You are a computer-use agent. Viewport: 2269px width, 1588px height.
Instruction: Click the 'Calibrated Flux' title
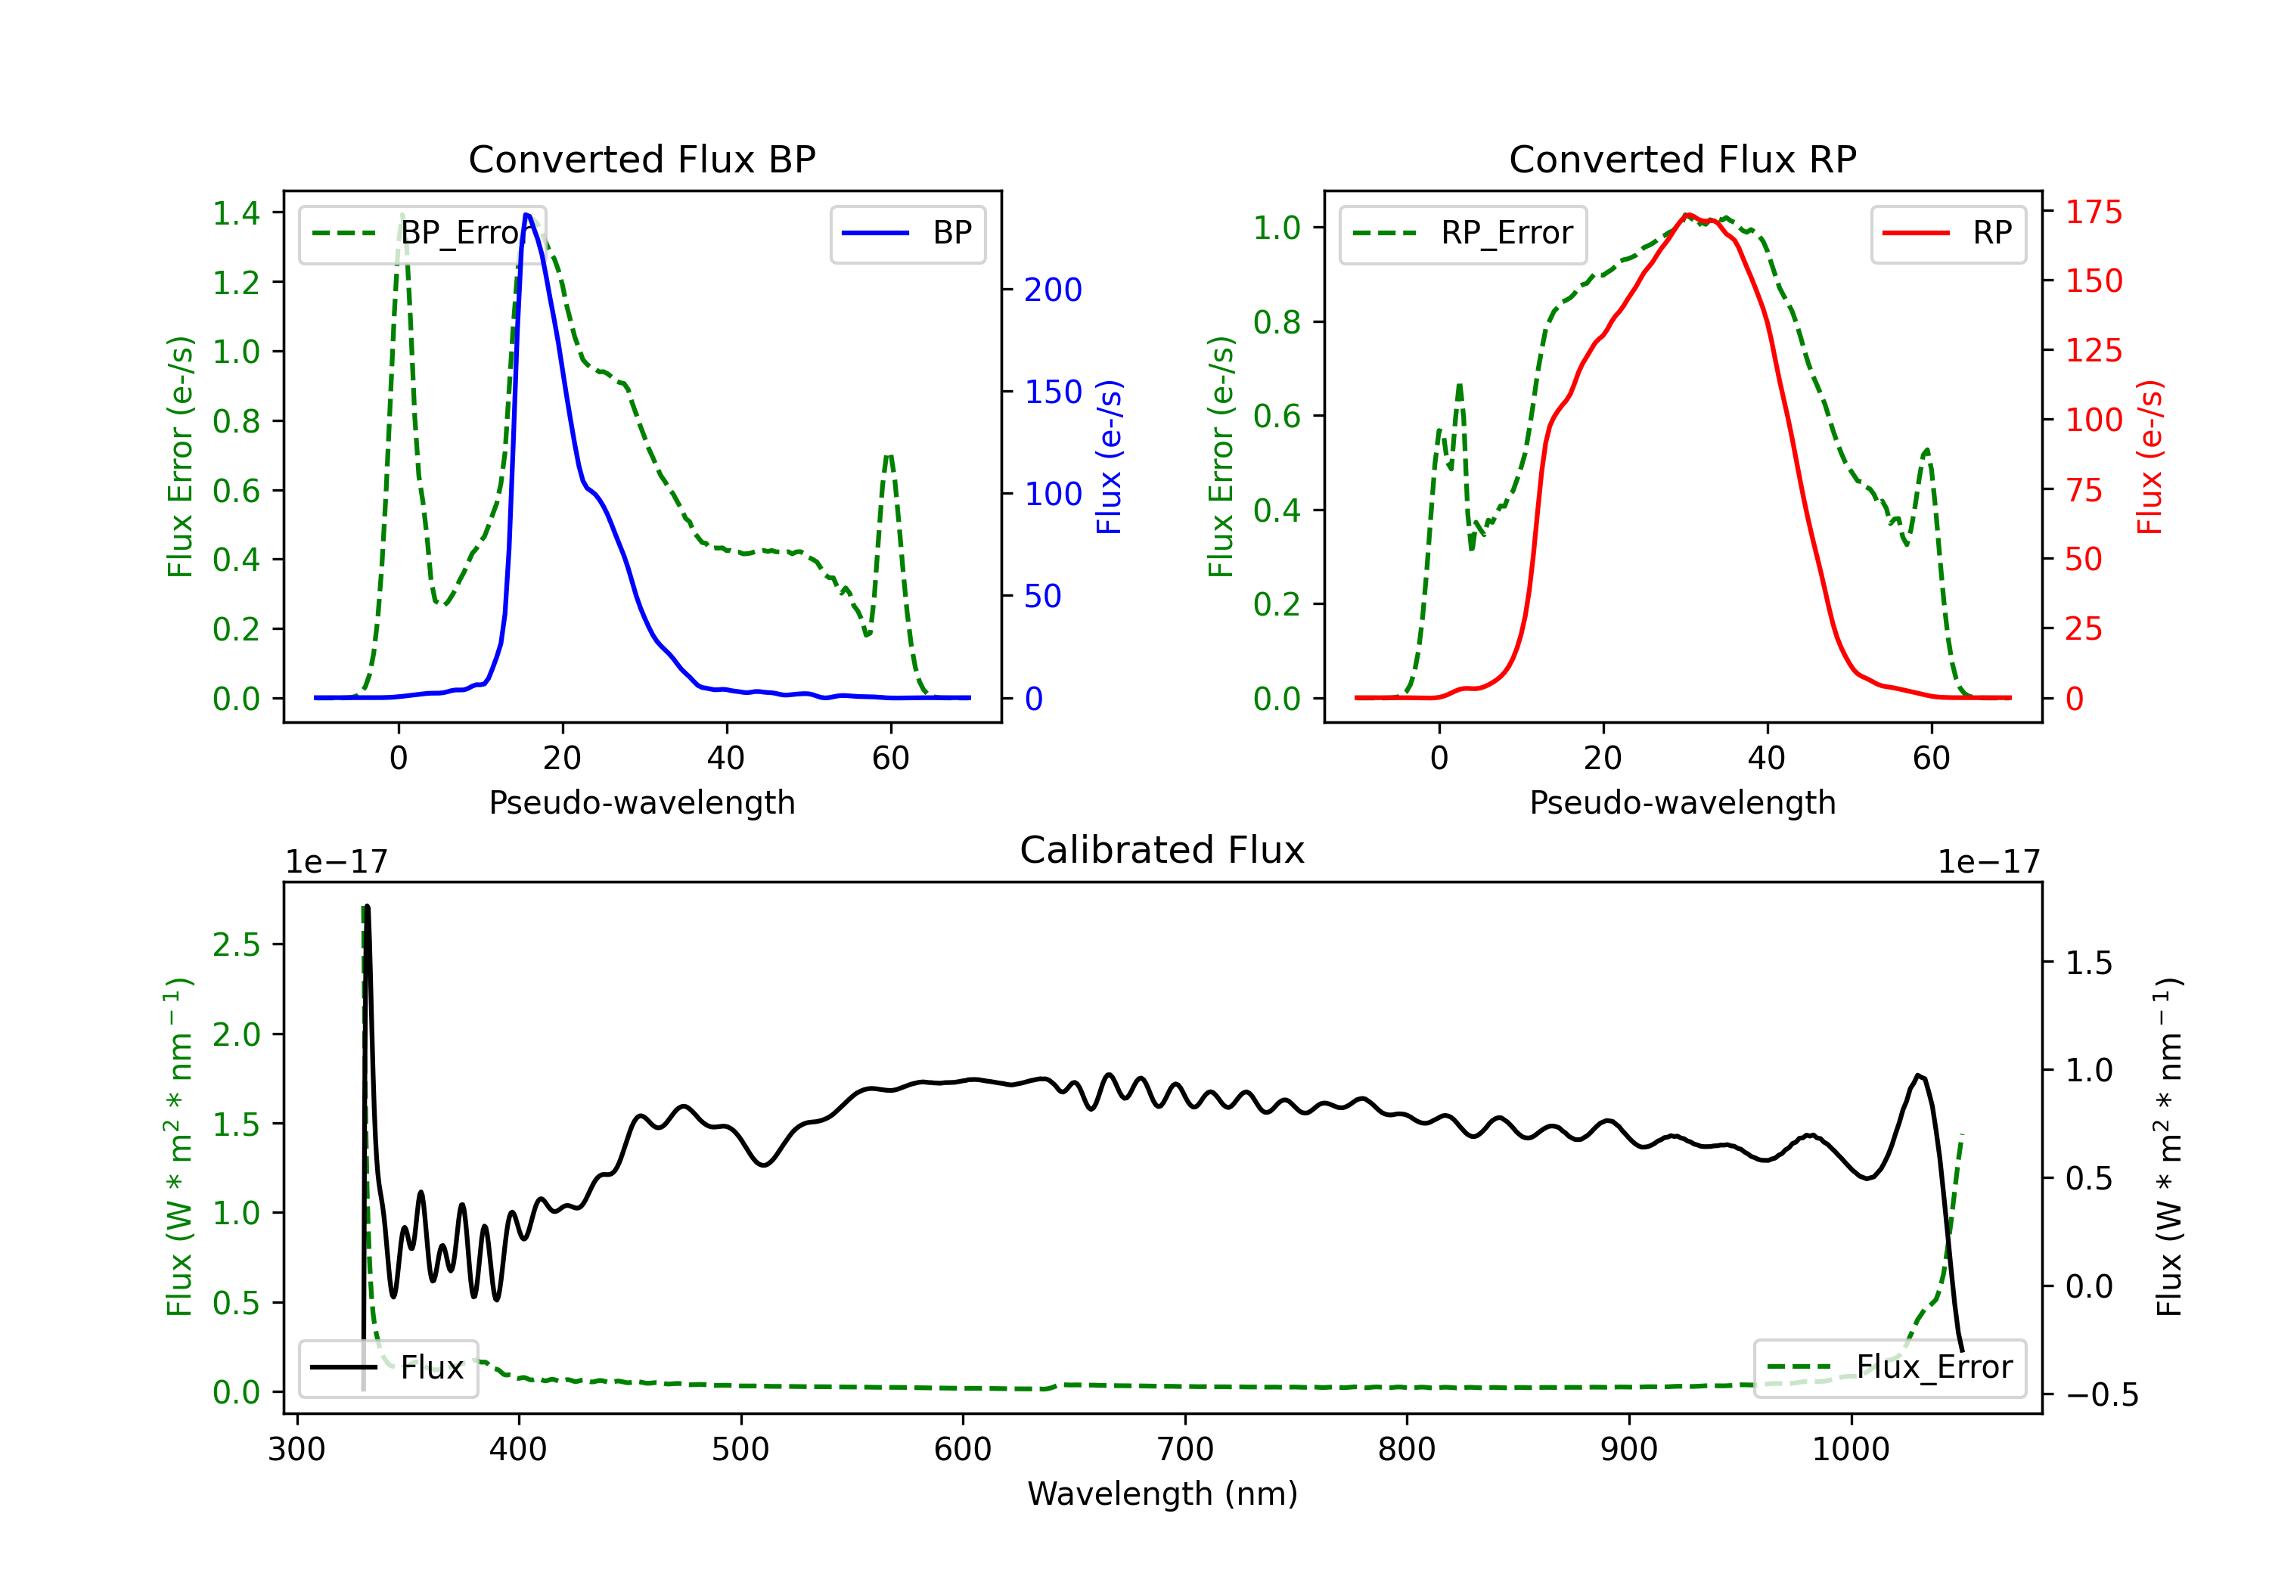point(1162,850)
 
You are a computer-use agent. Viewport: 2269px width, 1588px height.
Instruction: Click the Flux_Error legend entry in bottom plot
point(1889,1368)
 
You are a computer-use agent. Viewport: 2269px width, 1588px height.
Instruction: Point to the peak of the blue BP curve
point(526,215)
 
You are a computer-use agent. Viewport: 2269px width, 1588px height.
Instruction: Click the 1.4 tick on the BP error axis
point(236,212)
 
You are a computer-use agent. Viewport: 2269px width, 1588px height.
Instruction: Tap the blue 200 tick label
point(1053,290)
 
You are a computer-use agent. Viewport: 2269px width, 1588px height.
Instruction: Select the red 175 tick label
point(2093,212)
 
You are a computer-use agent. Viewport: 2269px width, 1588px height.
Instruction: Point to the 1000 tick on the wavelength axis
point(1851,1450)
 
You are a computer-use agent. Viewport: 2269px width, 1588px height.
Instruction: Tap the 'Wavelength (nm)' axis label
point(1162,1493)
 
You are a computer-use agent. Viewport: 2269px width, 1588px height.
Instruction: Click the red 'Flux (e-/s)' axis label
point(2150,457)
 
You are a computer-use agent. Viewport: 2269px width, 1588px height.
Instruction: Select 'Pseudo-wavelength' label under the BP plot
point(642,802)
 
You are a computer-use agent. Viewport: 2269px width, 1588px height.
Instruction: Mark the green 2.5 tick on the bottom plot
point(236,944)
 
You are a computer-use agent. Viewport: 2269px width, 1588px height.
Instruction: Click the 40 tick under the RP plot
point(1767,758)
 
